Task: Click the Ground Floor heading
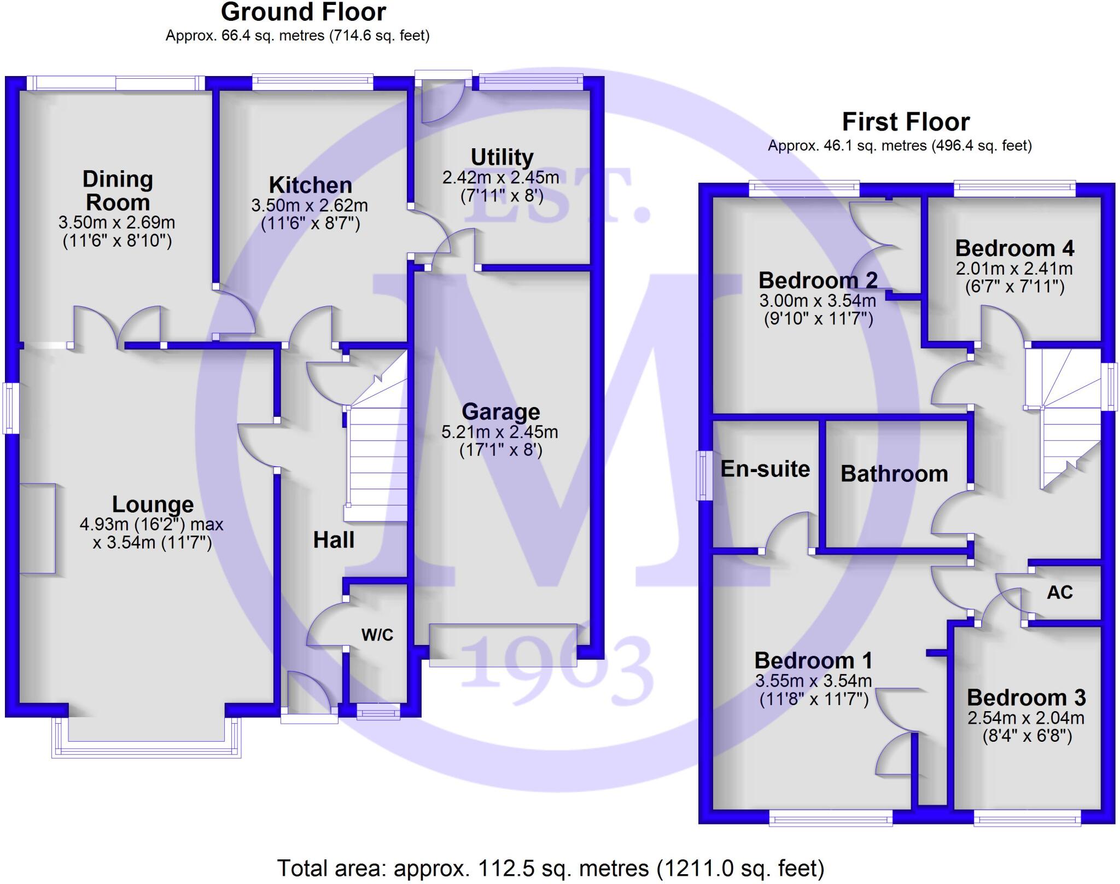pyautogui.click(x=304, y=12)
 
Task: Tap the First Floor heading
pyautogui.click(x=906, y=121)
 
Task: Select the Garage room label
pyautogui.click(x=500, y=411)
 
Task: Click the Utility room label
pyautogui.click(x=502, y=158)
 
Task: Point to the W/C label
pyautogui.click(x=377, y=635)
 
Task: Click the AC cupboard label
pyautogui.click(x=1059, y=592)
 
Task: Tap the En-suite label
pyautogui.click(x=765, y=469)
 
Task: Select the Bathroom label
pyautogui.click(x=894, y=474)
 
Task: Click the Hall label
pyautogui.click(x=334, y=540)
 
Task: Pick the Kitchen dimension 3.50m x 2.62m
pyautogui.click(x=310, y=206)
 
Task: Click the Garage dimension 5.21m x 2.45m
pyautogui.click(x=500, y=432)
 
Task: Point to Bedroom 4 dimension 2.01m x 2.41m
pyautogui.click(x=1014, y=269)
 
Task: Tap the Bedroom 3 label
pyautogui.click(x=1026, y=697)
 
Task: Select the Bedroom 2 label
pyautogui.click(x=818, y=280)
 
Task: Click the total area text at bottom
pyautogui.click(x=551, y=868)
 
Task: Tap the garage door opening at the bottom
pyautogui.click(x=503, y=645)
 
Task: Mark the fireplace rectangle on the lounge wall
pyautogui.click(x=37, y=528)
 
